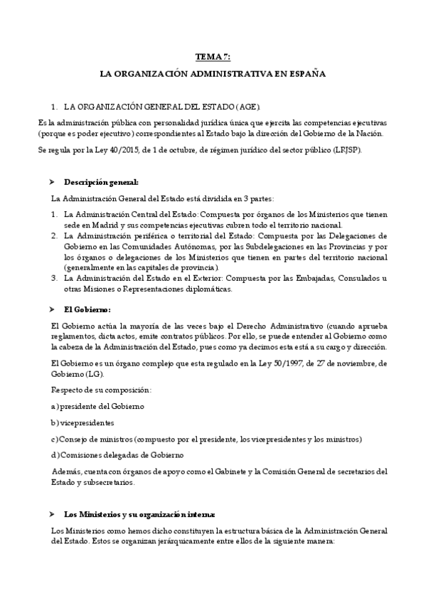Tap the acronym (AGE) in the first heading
255,106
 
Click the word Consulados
358,279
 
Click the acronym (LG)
93,374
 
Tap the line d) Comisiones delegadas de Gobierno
117,455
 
